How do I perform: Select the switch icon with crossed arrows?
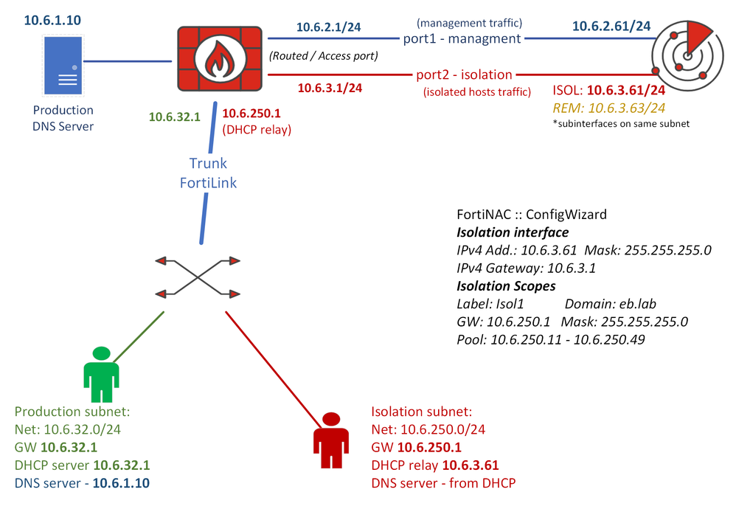(x=198, y=277)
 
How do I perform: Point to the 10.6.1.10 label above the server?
(x=52, y=19)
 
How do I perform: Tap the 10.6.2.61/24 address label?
(x=611, y=27)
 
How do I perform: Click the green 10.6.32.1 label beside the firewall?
(x=175, y=117)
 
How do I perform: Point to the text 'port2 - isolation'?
(x=464, y=74)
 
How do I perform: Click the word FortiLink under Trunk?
(x=209, y=182)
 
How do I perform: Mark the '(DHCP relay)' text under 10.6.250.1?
(x=257, y=131)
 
